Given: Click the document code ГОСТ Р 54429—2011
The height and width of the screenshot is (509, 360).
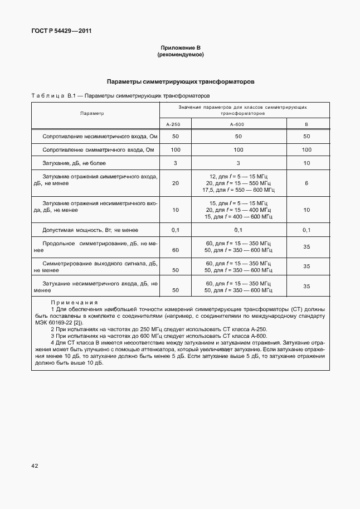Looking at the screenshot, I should pyautogui.click(x=61, y=31).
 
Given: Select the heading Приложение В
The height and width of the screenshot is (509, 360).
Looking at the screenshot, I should pyautogui.click(x=180, y=49).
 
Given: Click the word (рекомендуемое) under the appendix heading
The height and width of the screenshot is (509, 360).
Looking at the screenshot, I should pyautogui.click(x=180, y=55).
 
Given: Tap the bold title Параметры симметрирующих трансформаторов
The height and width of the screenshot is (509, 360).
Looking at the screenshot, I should pyautogui.click(x=181, y=81).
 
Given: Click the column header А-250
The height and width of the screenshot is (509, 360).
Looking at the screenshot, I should pyautogui.click(x=175, y=125).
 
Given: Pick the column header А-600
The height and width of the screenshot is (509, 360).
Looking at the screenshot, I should pyautogui.click(x=238, y=125).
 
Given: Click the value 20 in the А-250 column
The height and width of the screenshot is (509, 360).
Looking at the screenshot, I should pyautogui.click(x=176, y=183).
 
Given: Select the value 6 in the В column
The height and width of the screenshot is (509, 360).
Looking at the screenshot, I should pyautogui.click(x=307, y=183).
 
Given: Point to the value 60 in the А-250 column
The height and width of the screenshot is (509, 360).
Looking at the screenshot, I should pyautogui.click(x=176, y=250).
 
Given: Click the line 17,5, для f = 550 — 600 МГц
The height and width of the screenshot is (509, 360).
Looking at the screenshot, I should pyautogui.click(x=238, y=190).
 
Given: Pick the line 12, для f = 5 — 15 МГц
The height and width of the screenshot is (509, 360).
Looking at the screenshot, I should pyautogui.click(x=238, y=176).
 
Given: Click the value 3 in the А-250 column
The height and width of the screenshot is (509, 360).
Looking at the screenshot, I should pyautogui.click(x=175, y=163).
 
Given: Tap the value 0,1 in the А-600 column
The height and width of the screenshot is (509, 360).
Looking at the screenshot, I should pyautogui.click(x=238, y=230).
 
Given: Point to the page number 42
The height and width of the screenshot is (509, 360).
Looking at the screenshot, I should pyautogui.click(x=35, y=465).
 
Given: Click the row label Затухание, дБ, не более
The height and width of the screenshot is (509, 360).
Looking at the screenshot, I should pyautogui.click(x=74, y=163).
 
